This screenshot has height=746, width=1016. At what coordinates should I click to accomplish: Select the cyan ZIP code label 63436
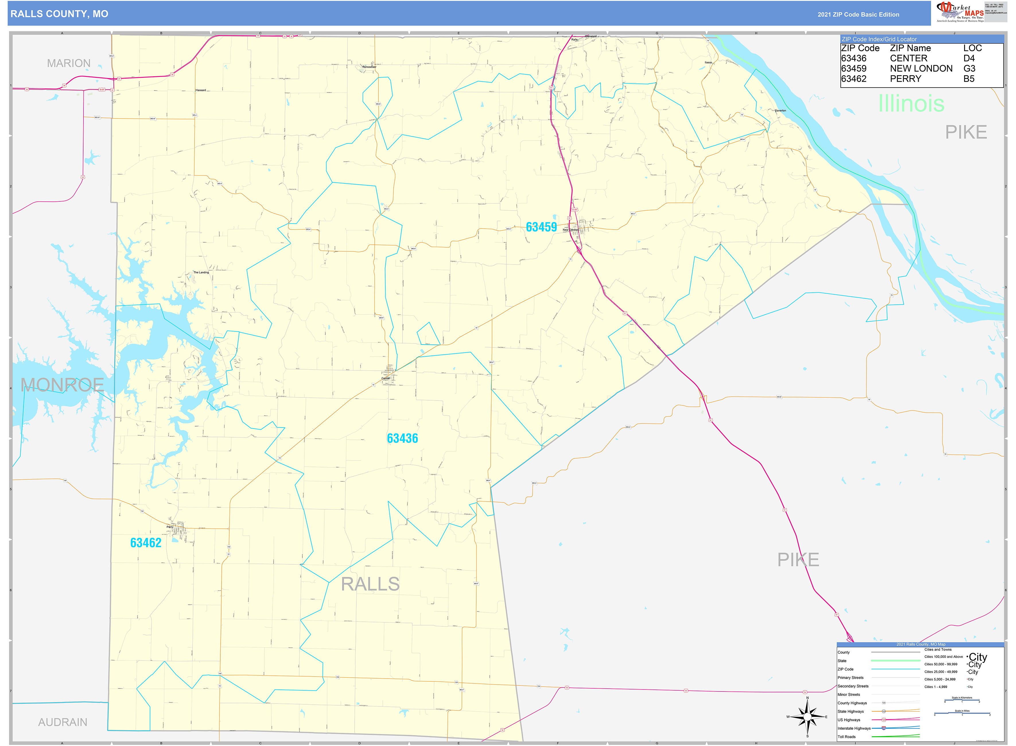pyautogui.click(x=402, y=438)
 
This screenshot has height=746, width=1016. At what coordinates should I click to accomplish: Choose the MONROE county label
pyautogui.click(x=62, y=385)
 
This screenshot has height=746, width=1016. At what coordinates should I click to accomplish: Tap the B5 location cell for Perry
pyautogui.click(x=969, y=79)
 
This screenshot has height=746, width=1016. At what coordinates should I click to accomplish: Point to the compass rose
pyautogui.click(x=807, y=717)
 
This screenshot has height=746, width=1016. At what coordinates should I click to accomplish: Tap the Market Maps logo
pyautogui.click(x=959, y=12)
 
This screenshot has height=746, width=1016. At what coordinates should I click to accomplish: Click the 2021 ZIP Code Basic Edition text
pyautogui.click(x=858, y=14)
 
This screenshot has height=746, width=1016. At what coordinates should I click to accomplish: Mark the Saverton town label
pyautogui.click(x=780, y=111)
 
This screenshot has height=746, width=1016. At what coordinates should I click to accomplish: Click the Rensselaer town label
pyautogui.click(x=369, y=67)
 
